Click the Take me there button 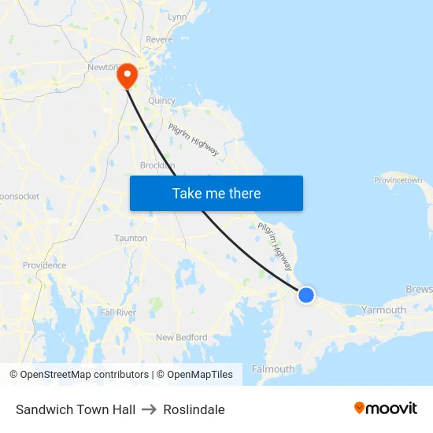(216, 193)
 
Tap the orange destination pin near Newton (127, 76)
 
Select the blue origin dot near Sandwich (306, 295)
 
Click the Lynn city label (177, 17)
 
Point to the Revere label (158, 39)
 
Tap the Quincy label (161, 100)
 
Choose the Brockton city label (157, 165)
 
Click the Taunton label (131, 238)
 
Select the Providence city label (44, 265)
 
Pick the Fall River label (118, 313)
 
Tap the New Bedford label (181, 338)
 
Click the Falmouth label (273, 368)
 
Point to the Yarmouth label (383, 310)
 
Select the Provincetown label (398, 180)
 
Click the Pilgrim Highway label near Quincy (194, 139)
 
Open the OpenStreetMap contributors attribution (85, 375)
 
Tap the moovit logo (385, 408)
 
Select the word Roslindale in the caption (194, 409)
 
